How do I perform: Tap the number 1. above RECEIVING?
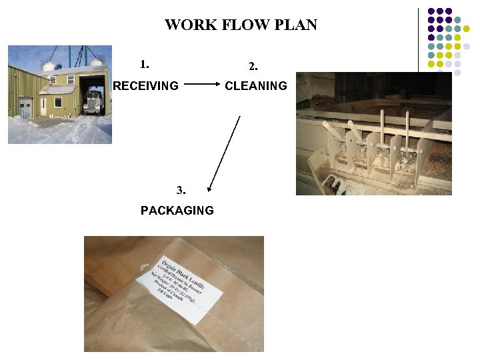tap(145, 65)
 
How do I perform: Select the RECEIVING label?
tap(146, 85)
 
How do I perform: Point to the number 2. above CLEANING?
tap(253, 67)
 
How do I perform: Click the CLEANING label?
tap(256, 85)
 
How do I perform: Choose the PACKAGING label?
tap(177, 210)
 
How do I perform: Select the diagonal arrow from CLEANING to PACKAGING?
tap(224, 153)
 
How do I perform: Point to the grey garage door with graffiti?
tap(25, 107)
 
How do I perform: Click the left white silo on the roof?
tap(48, 66)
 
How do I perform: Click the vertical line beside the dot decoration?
tap(419, 40)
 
